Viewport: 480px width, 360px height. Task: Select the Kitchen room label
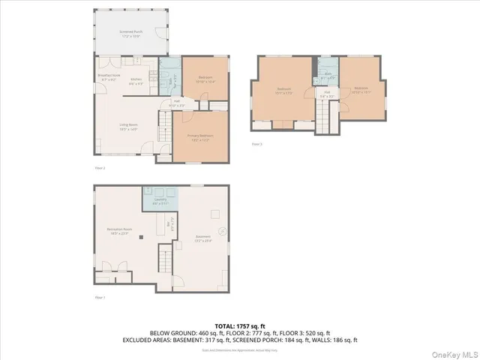tap(136, 81)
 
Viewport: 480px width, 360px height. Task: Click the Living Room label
tap(128, 127)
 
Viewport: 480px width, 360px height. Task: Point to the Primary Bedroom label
tap(200, 136)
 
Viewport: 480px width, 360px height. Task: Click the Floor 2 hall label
tap(177, 103)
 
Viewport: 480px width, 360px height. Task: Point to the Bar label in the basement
tap(169, 222)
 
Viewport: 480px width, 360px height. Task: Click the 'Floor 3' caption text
tap(257, 143)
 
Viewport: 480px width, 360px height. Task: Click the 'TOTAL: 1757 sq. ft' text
tap(240, 326)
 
